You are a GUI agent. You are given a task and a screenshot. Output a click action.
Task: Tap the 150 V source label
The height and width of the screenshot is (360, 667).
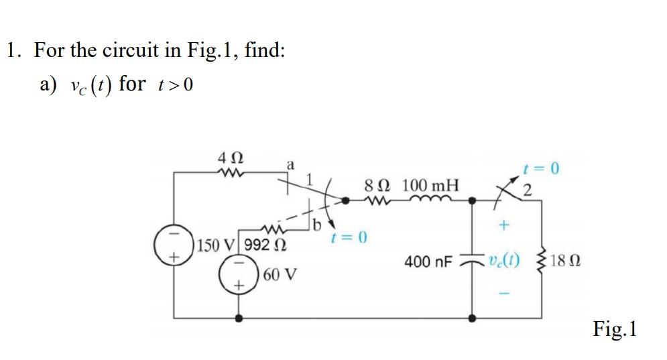(x=217, y=245)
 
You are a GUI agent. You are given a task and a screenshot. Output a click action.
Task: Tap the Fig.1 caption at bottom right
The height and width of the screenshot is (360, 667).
(x=615, y=329)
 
